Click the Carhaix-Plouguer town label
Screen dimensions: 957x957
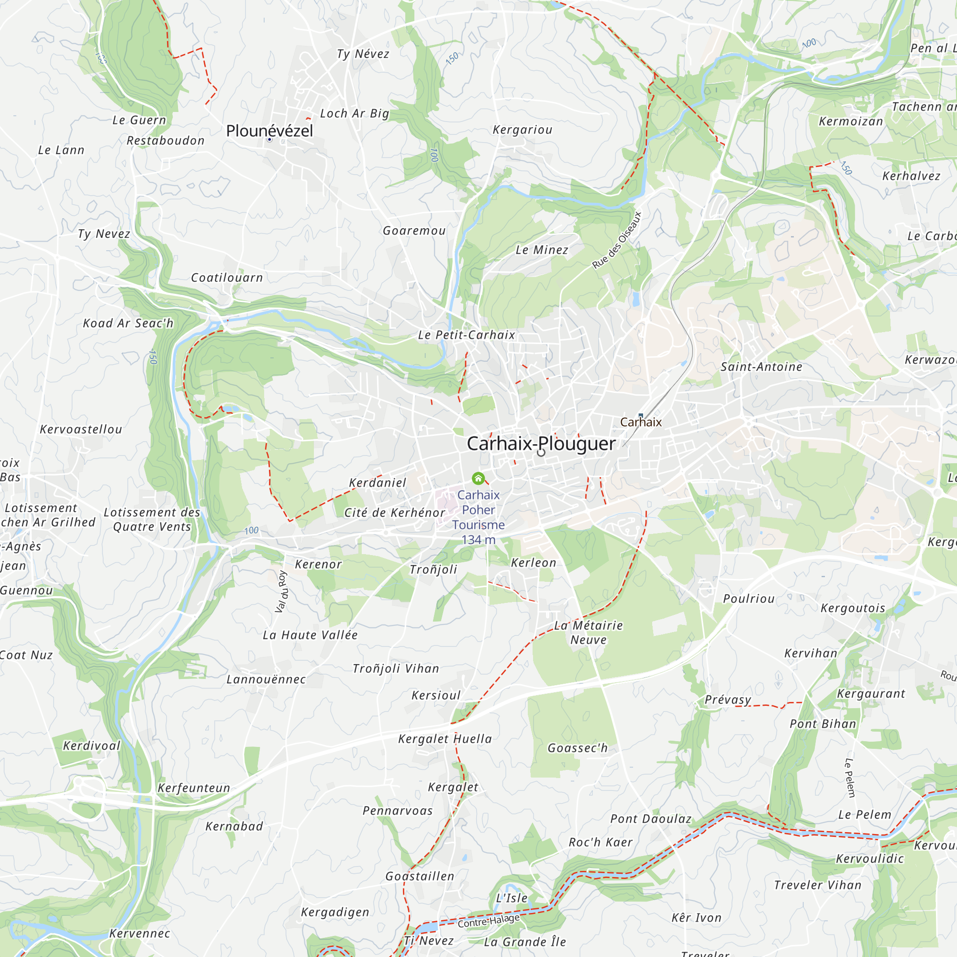point(541,444)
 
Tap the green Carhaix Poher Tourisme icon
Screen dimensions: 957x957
point(478,478)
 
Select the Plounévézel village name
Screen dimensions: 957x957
point(269,131)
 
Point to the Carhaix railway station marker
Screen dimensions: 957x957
point(641,416)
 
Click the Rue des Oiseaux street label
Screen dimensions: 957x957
point(617,240)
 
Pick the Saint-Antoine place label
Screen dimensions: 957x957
point(761,367)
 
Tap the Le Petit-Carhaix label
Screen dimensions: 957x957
point(467,335)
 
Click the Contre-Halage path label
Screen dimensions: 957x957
point(489,921)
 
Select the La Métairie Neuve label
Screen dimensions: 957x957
point(589,633)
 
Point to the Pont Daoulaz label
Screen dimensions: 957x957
point(651,819)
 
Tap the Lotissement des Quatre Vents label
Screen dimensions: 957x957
point(152,520)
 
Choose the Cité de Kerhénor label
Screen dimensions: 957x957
point(395,512)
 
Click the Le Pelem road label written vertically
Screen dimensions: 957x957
point(850,778)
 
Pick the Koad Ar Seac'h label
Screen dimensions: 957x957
point(128,323)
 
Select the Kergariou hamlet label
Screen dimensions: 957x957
point(523,130)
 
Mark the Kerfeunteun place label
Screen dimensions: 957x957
point(194,788)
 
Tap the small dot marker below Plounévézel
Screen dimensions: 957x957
point(269,140)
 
